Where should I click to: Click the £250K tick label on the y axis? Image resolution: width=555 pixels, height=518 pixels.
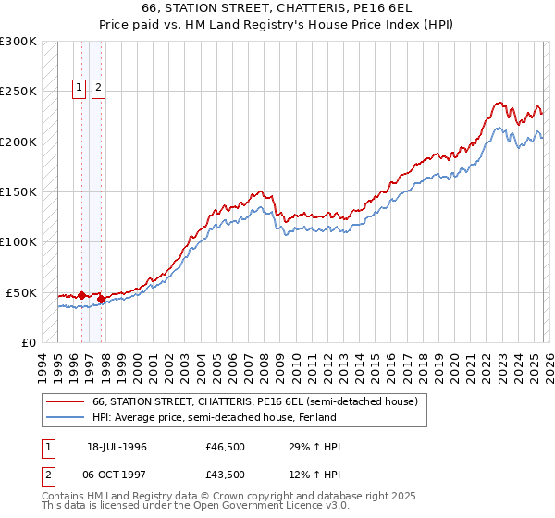(18, 92)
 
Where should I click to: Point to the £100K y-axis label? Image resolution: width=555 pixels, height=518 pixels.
(18, 242)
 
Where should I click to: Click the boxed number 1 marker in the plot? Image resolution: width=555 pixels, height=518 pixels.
(79, 89)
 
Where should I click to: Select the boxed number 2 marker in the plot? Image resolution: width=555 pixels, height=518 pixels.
(98, 89)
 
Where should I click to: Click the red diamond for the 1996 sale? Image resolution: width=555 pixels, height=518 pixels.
(81, 295)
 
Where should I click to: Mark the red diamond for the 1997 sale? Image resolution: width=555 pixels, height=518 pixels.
(101, 299)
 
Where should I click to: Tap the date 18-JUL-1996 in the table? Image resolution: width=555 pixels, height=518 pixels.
(117, 447)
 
